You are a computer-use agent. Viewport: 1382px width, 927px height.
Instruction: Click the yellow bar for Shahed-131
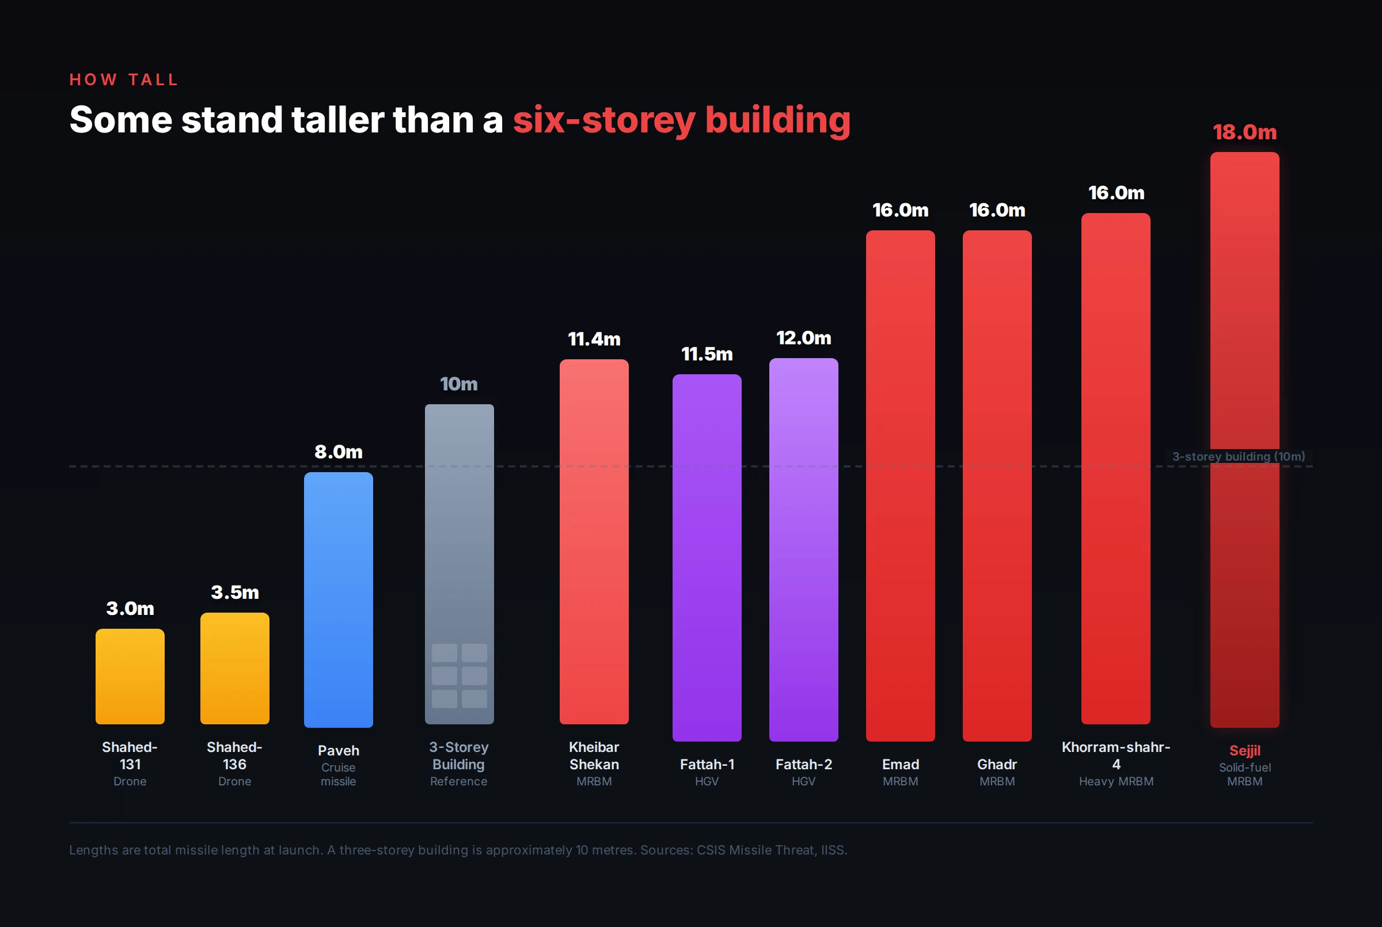[130, 677]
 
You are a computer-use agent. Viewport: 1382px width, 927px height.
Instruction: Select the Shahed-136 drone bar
[235, 668]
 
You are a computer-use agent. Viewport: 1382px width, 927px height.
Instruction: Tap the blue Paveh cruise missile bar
[338, 599]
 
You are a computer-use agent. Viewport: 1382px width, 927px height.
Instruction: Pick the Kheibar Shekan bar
[594, 542]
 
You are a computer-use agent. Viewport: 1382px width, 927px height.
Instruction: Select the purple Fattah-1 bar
[707, 557]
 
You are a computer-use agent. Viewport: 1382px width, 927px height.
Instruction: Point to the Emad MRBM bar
[900, 485]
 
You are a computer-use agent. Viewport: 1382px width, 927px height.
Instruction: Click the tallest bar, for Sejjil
[1244, 355]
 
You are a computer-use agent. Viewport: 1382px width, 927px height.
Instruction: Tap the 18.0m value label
[1244, 132]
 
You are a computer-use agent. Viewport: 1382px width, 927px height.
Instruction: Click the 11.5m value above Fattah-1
[707, 354]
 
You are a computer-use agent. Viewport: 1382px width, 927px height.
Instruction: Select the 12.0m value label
[803, 338]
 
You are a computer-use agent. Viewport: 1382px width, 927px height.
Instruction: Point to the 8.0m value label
[338, 452]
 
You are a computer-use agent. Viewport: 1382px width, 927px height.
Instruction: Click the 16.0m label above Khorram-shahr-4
[1116, 193]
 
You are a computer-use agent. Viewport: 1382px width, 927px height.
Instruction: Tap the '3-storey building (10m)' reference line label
[1239, 457]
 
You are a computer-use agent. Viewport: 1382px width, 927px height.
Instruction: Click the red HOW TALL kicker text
[124, 80]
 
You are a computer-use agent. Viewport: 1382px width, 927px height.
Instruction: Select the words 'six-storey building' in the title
[681, 120]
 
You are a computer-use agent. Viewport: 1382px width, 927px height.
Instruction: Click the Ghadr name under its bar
[997, 765]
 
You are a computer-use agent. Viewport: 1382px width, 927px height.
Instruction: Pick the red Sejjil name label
[1244, 750]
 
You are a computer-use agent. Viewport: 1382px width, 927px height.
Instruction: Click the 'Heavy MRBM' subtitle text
[1116, 781]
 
